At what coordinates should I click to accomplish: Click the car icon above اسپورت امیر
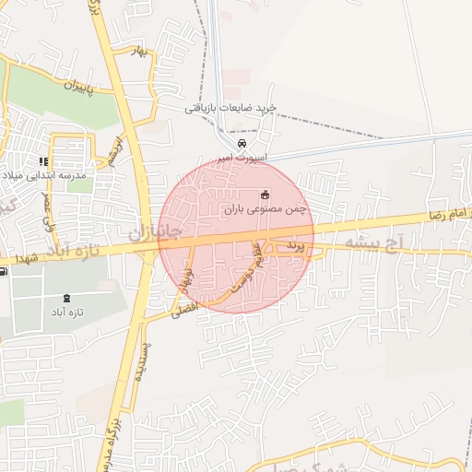(x=242, y=144)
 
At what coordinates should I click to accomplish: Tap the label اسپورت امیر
(x=242, y=159)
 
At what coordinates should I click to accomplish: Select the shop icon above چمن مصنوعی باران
(x=265, y=195)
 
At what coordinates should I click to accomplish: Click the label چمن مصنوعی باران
(x=264, y=210)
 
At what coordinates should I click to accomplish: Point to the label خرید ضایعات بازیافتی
(x=230, y=108)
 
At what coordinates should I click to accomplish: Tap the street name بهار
(x=139, y=53)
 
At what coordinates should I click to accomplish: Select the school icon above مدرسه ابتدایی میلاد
(x=43, y=162)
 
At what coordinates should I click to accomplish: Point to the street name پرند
(x=293, y=247)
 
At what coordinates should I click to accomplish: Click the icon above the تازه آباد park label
(x=66, y=298)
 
